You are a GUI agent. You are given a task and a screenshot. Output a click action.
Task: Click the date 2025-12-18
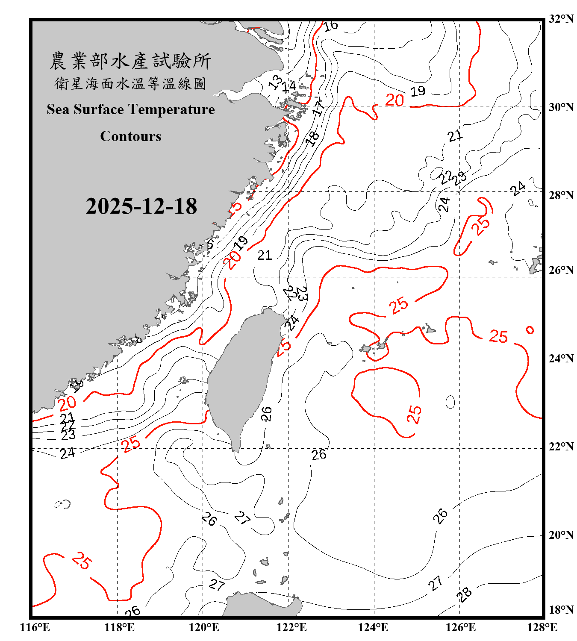click(141, 206)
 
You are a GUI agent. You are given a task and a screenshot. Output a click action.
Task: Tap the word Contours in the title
click(131, 136)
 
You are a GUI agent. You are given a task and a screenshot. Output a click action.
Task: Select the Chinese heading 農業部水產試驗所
click(130, 61)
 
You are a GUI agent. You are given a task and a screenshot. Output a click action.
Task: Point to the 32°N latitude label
click(561, 19)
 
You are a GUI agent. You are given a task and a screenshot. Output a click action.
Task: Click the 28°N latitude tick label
click(561, 195)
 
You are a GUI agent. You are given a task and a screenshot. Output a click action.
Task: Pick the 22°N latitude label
click(561, 447)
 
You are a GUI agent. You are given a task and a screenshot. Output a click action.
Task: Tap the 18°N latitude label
click(561, 610)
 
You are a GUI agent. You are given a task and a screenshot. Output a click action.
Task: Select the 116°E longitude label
click(35, 627)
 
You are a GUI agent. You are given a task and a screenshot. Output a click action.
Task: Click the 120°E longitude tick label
click(204, 627)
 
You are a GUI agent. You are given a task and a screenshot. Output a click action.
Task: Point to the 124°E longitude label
click(373, 627)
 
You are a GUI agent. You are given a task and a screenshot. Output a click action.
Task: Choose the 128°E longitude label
click(542, 627)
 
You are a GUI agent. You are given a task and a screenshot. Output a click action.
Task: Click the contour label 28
click(464, 594)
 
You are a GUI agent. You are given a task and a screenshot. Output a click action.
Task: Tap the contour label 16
click(330, 26)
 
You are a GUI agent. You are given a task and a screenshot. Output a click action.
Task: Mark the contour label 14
click(289, 86)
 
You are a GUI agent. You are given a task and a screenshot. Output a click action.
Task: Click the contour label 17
click(318, 108)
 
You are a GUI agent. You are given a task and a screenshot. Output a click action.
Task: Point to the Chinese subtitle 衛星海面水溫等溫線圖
click(130, 84)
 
